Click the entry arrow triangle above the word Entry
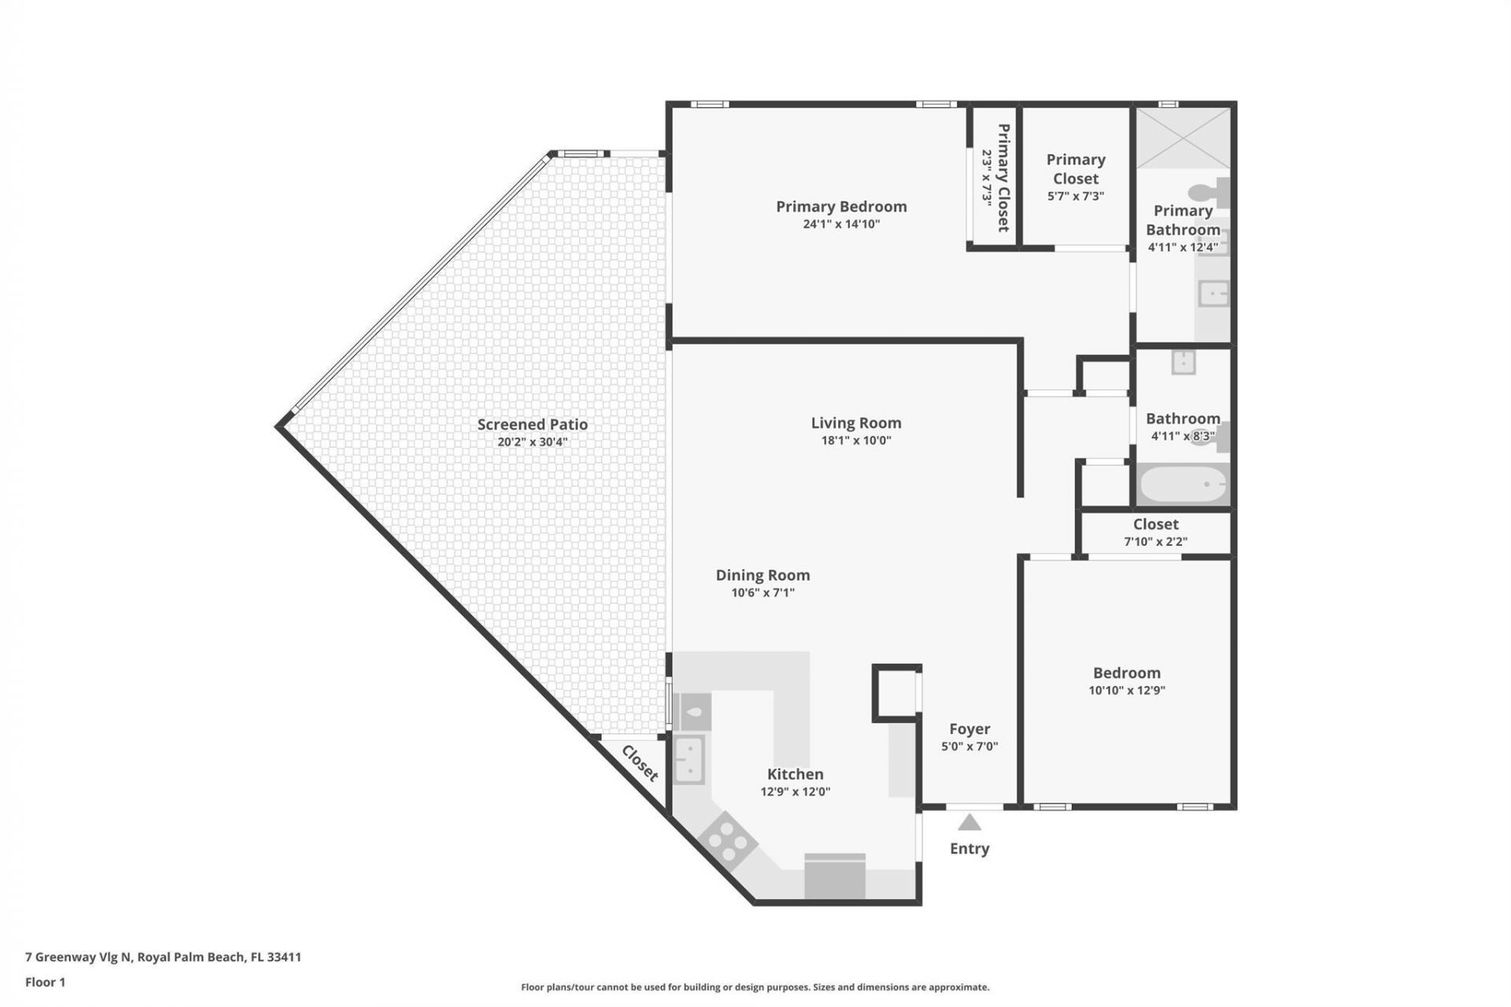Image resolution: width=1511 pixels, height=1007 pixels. pyautogui.click(x=969, y=823)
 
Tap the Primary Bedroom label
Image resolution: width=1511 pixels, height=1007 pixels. pyautogui.click(x=840, y=206)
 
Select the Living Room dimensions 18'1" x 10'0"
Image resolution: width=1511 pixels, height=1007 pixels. pyautogui.click(x=855, y=441)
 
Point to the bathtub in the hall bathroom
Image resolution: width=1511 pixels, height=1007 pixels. pyautogui.click(x=1183, y=485)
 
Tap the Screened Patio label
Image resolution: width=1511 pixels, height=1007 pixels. pyautogui.click(x=532, y=424)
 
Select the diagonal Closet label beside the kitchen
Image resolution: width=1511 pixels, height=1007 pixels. pyautogui.click(x=639, y=763)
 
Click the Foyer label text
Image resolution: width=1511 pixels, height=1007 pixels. pyautogui.click(x=969, y=729)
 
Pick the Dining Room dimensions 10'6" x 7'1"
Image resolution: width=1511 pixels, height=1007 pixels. pyautogui.click(x=763, y=592)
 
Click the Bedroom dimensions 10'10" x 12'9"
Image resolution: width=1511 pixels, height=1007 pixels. pyautogui.click(x=1126, y=691)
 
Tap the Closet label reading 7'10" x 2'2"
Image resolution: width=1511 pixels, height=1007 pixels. pyautogui.click(x=1155, y=541)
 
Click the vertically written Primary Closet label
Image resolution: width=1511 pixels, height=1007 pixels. pyautogui.click(x=1003, y=177)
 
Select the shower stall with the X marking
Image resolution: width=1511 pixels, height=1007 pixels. pyautogui.click(x=1183, y=138)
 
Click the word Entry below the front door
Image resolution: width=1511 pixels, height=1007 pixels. pyautogui.click(x=969, y=848)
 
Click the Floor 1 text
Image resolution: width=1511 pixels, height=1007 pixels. pyautogui.click(x=45, y=982)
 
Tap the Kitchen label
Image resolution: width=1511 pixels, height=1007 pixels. pyautogui.click(x=795, y=774)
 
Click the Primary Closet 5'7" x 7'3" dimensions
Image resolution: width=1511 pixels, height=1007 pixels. pyautogui.click(x=1075, y=196)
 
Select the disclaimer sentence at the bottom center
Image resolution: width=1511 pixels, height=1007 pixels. pyautogui.click(x=755, y=987)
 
